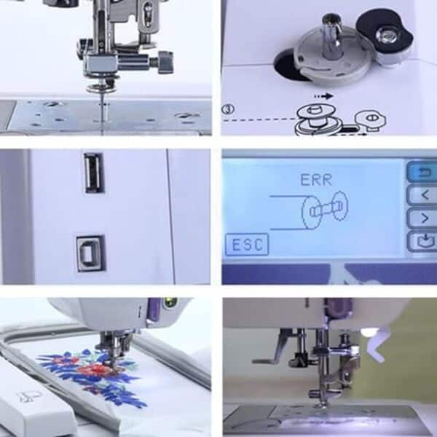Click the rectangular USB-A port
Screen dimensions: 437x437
93,173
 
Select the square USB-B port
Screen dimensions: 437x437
91,253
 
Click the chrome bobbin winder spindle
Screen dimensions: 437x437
334,36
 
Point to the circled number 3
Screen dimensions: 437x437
229,109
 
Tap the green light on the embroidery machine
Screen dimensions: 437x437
172,301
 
